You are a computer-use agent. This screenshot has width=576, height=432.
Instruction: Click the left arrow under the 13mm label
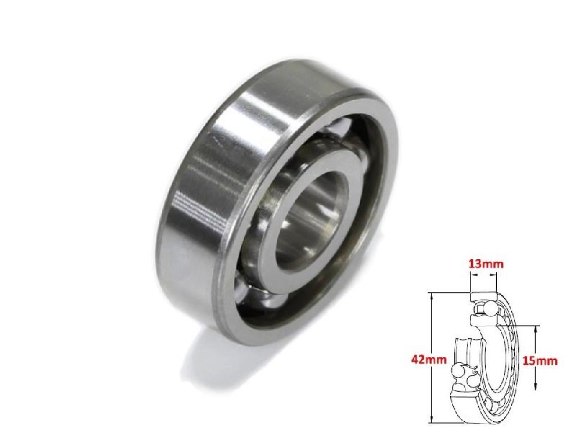click(473, 276)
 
